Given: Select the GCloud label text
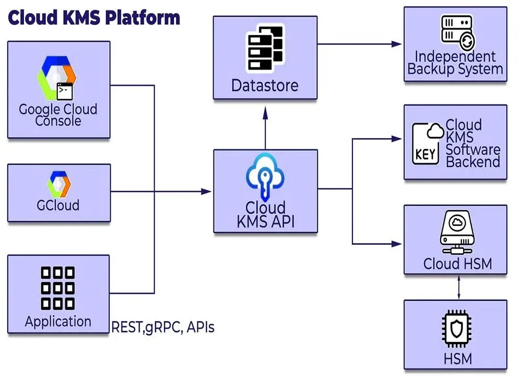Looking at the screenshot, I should tap(58, 204).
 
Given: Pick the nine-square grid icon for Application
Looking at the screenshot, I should tap(57, 288).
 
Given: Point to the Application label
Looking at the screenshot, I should tap(58, 321).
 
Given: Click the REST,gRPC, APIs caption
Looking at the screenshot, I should tap(163, 327).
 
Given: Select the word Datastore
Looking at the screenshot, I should tap(265, 85).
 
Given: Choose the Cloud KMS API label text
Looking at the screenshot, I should tap(266, 215).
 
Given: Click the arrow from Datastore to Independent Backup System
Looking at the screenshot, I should tap(360, 44).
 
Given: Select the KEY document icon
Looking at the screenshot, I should tap(425, 144).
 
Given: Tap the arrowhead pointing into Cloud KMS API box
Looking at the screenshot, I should tap(208, 192).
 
